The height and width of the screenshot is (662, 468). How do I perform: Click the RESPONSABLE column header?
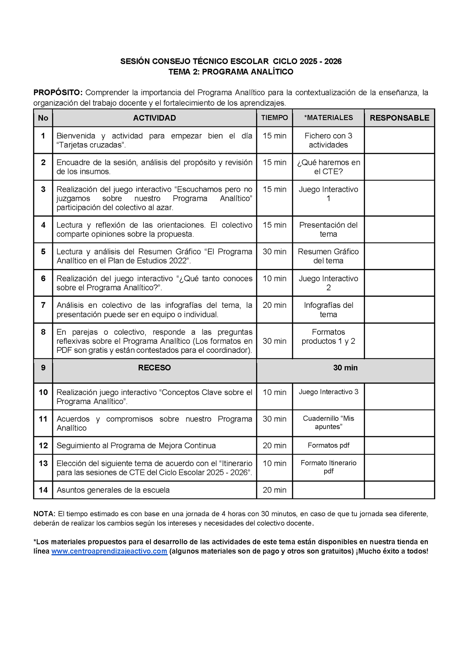coord(399,118)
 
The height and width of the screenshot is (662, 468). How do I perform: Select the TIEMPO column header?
coord(274,118)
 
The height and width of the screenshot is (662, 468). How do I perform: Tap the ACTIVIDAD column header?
coord(154,118)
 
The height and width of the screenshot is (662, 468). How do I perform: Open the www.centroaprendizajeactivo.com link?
coord(109,551)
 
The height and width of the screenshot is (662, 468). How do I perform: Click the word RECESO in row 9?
coord(154,368)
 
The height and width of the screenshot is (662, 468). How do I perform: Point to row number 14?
coord(43,490)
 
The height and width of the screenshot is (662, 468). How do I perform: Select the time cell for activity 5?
coord(274,252)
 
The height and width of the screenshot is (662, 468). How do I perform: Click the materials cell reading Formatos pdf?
coord(328,445)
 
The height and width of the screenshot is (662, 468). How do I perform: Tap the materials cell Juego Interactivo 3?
coord(328,392)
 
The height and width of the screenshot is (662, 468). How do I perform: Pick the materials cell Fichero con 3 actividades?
coord(328,140)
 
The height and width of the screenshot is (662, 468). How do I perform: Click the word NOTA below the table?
coord(44,514)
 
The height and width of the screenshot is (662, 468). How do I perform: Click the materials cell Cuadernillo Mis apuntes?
coord(328,423)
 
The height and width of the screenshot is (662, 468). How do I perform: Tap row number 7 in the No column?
coord(43,305)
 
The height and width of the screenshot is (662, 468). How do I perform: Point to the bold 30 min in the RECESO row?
coord(345,368)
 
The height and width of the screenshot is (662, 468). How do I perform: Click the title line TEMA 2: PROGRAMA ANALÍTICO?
coord(231,72)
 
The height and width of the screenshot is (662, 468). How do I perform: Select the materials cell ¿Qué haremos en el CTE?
coord(328,167)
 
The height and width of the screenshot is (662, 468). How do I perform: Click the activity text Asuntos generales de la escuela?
coord(113,490)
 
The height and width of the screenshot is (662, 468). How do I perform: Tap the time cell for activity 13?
coord(274,463)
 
